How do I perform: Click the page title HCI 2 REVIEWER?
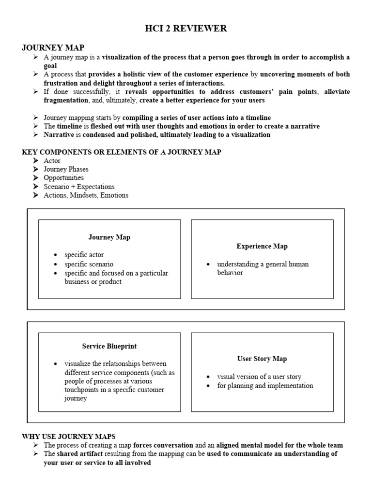[186, 29]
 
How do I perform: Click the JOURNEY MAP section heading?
[53, 47]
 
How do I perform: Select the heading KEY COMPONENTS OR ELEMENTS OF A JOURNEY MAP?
[122, 152]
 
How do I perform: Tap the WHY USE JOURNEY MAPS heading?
[69, 437]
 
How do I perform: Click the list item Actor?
[52, 160]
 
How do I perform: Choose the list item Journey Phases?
[66, 169]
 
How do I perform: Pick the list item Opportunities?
[63, 178]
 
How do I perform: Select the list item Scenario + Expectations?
[79, 187]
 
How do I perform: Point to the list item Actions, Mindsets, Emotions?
[86, 195]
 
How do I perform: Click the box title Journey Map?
[109, 237]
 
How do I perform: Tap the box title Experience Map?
[262, 246]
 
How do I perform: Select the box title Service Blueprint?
[109, 346]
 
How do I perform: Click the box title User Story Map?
[262, 359]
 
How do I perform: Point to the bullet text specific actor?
[84, 255]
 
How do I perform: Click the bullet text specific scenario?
[89, 264]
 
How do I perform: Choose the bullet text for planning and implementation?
[265, 386]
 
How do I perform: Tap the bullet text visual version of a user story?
[259, 377]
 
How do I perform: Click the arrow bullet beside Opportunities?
[36, 178]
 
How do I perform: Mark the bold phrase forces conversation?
[163, 445]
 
